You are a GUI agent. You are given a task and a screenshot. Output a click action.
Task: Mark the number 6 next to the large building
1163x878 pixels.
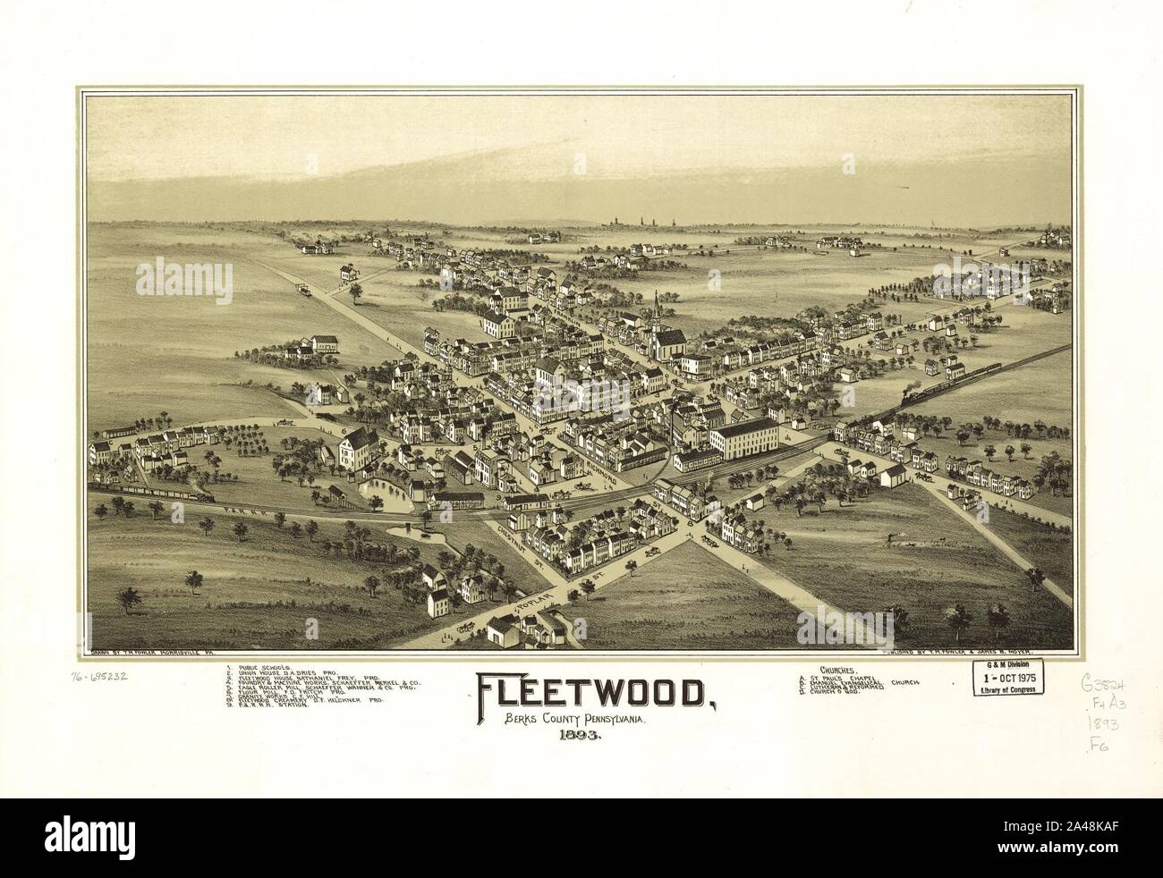343,433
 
